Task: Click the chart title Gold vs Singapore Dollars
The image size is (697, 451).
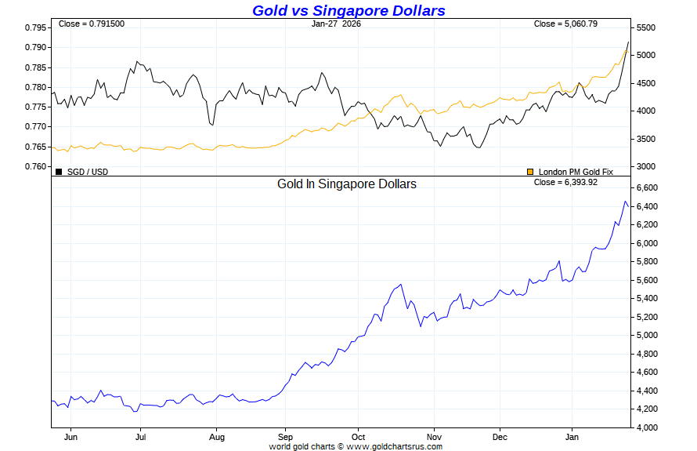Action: [x=348, y=10]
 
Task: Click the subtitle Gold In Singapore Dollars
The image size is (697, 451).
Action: [x=347, y=184]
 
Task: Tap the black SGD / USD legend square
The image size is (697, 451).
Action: [x=59, y=171]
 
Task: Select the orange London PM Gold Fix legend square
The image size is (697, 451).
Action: [x=530, y=171]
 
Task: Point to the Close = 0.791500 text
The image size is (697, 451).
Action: [x=92, y=24]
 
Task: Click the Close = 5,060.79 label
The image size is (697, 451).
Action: [x=565, y=24]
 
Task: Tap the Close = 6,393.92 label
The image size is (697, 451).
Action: [x=565, y=182]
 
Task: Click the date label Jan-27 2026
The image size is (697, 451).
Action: [x=336, y=24]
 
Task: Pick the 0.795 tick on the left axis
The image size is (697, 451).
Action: [x=36, y=27]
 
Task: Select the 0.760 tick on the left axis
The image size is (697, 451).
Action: [x=36, y=166]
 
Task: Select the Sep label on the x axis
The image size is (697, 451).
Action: [x=285, y=436]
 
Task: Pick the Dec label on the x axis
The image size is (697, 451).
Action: [x=500, y=436]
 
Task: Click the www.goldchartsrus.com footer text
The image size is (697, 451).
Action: [x=394, y=446]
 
